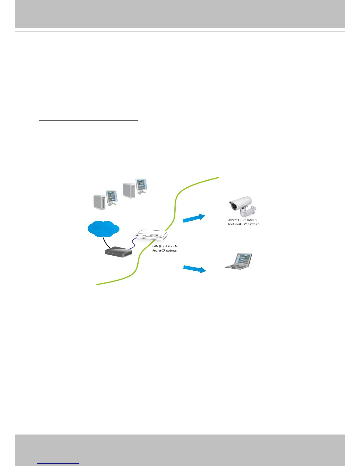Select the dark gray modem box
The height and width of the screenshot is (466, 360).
click(119, 252)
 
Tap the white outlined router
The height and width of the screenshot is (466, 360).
click(151, 235)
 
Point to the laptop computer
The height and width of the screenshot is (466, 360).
click(239, 261)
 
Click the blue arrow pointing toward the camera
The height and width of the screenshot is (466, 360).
click(194, 218)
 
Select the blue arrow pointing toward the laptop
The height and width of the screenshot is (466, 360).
click(194, 269)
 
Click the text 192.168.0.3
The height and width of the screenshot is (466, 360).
click(249, 220)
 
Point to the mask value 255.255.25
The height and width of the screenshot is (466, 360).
click(251, 224)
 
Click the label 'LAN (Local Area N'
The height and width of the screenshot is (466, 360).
click(165, 246)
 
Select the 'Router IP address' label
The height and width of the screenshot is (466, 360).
click(164, 251)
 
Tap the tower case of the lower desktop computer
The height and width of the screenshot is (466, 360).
click(99, 202)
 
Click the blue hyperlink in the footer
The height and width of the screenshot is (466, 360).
click(58, 463)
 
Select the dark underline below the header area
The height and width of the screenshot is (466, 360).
click(88, 121)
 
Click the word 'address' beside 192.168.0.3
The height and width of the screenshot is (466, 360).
click(234, 220)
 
